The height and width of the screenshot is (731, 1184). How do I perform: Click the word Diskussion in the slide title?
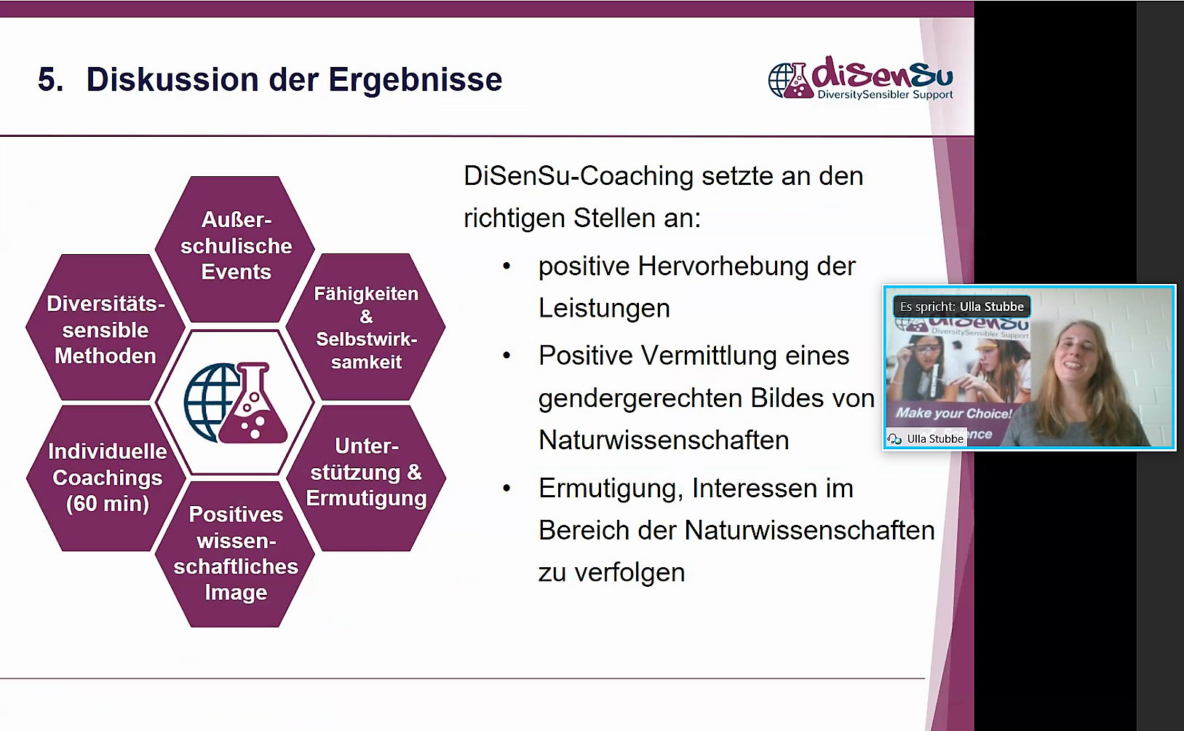coord(172,80)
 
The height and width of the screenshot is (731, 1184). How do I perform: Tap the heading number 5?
coord(50,80)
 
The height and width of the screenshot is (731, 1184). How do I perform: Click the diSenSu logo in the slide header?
coord(860,78)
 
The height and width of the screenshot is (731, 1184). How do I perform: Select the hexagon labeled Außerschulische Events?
coord(235,248)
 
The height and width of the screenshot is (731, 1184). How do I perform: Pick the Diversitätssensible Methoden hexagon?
coord(106,327)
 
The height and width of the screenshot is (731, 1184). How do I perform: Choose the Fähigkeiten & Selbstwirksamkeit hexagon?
coord(366,327)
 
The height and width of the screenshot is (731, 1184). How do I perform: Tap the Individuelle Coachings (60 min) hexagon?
coord(107,478)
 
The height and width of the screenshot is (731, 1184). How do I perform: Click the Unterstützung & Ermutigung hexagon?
coord(366,478)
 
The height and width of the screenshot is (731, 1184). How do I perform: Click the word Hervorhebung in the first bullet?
coord(723,266)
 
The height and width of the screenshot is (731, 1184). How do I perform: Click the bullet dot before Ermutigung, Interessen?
coord(506,489)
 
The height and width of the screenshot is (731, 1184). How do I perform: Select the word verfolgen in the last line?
coord(629,572)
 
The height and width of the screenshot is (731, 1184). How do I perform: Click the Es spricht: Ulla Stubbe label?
coord(962,307)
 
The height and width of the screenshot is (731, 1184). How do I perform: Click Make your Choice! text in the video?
coord(953,413)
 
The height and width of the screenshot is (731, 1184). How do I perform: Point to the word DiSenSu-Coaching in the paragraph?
coord(579,177)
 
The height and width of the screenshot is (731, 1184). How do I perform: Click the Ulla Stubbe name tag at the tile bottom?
coord(926,438)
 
